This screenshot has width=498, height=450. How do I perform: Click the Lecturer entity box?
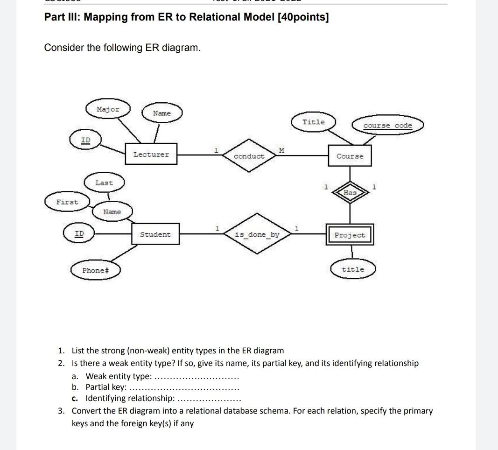151,155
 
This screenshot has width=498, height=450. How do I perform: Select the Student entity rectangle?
155,234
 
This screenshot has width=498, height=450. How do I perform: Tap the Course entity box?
350,156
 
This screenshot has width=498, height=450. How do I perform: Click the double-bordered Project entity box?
350,235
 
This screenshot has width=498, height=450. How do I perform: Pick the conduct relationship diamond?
249,156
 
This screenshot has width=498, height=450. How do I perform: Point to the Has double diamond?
350,192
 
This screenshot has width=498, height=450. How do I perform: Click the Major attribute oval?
108,109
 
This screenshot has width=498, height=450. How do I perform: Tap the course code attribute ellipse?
387,126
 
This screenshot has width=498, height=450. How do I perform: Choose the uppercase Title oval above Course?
313,122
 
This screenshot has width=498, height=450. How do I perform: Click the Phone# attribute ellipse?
96,270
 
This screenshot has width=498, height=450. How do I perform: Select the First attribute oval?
67,202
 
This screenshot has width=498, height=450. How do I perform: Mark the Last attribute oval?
104,183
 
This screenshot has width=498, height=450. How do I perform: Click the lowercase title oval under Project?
353,269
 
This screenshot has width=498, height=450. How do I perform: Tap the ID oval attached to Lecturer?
85,140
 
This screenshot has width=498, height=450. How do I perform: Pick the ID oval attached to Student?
79,233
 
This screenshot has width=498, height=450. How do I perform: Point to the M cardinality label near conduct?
281,150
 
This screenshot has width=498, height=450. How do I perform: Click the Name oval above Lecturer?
161,113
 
